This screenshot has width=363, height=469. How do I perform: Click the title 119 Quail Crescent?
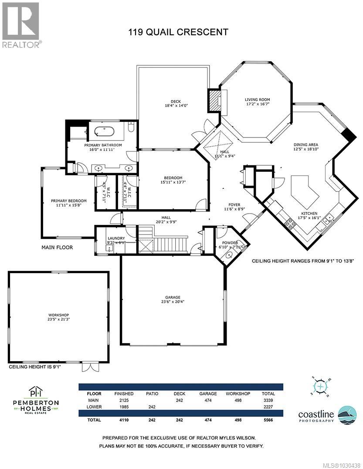click(x=178, y=32)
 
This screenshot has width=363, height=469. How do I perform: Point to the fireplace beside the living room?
click(x=214, y=100)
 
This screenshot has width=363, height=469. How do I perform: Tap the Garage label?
click(x=173, y=297)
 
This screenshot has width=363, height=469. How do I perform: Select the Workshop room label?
click(x=58, y=315)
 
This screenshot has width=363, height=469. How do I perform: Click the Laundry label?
click(x=116, y=238)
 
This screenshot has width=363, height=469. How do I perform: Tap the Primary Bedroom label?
click(x=68, y=201)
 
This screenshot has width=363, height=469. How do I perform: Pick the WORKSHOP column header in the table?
click(x=238, y=393)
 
